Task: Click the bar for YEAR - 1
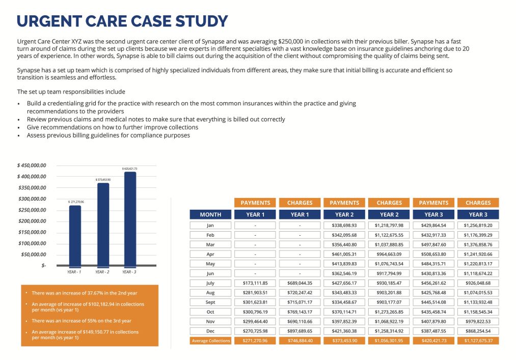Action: tap(75, 235)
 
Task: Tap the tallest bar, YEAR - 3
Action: tap(130, 219)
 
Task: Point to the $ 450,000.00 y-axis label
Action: tap(32, 165)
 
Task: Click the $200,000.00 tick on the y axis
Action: tap(32, 221)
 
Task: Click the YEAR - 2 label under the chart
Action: tap(102, 272)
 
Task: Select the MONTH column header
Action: tap(210, 214)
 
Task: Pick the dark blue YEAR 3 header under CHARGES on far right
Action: tap(478, 214)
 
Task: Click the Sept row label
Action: tap(210, 302)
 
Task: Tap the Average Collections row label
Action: tap(210, 341)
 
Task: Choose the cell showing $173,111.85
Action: tap(255, 283)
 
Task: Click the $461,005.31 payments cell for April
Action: tap(344, 254)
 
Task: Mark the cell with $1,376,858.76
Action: tap(478, 244)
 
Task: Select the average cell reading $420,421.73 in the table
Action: tap(433, 341)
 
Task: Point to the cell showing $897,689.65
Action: tap(300, 331)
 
